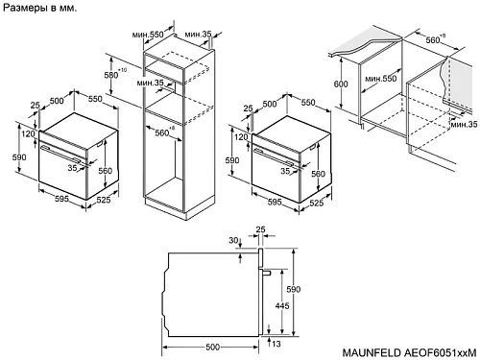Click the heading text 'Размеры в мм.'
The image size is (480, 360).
pyautogui.click(x=39, y=8)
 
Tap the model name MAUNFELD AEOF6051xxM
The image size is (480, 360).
pyautogui.click(x=409, y=352)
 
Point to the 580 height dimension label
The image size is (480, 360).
pyautogui.click(x=111, y=75)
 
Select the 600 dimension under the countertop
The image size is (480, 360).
pyautogui.click(x=341, y=84)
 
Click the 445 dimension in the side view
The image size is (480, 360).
pyautogui.click(x=282, y=305)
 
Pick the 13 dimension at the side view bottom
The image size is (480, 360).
pyautogui.click(x=276, y=344)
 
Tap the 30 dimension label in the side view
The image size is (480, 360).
pyautogui.click(x=233, y=240)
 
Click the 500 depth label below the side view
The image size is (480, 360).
pyautogui.click(x=212, y=348)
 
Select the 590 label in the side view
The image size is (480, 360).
pyautogui.click(x=293, y=289)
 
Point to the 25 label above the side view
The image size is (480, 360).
pyautogui.click(x=261, y=229)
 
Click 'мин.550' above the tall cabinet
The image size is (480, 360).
pyautogui.click(x=148, y=34)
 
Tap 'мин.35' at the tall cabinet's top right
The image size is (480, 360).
pyautogui.click(x=198, y=34)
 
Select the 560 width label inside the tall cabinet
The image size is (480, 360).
pyautogui.click(x=162, y=132)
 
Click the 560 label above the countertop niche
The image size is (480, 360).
pyautogui.click(x=433, y=40)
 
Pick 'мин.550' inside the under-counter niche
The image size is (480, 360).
pyautogui.click(x=381, y=79)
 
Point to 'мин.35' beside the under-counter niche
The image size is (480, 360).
pyautogui.click(x=464, y=124)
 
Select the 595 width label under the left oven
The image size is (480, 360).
pyautogui.click(x=61, y=199)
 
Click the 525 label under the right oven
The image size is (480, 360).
pyautogui.click(x=316, y=203)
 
